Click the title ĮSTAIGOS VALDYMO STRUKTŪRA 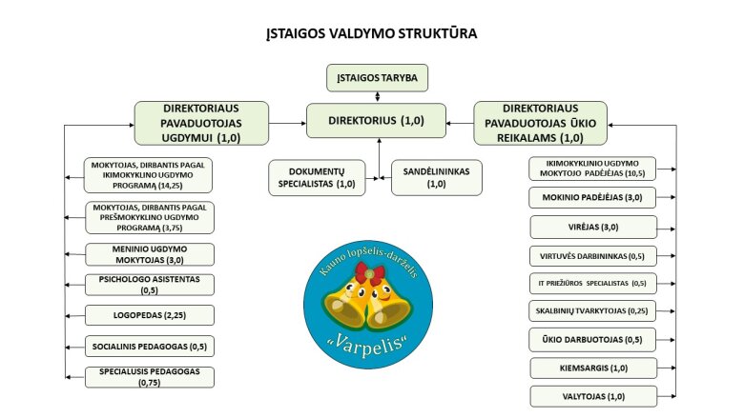372,33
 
